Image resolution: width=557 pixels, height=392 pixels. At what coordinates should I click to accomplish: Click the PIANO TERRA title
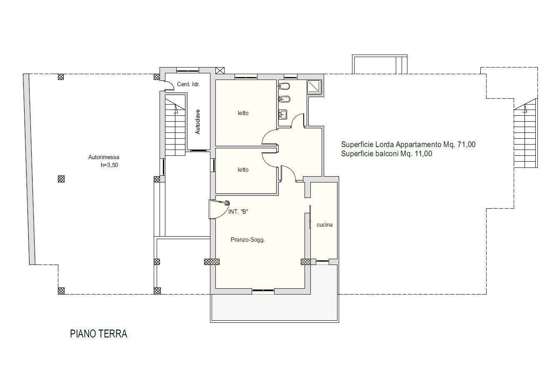98,334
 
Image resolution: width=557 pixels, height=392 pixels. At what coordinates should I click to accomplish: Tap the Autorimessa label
104,157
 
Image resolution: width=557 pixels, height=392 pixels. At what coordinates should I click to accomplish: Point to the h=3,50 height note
110,165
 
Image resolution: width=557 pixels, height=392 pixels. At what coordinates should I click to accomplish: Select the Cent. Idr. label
188,84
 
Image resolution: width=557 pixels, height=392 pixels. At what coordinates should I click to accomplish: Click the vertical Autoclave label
197,122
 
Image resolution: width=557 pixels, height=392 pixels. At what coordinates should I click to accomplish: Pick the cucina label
325,225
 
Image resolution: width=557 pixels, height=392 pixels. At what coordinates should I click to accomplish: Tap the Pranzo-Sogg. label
247,240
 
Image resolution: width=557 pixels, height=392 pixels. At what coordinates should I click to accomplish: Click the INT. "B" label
238,212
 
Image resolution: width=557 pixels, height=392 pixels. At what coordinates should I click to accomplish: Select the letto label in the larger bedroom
243,113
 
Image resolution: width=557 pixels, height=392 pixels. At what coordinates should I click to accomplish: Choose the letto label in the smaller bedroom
243,170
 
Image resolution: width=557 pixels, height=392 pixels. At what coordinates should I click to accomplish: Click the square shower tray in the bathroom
315,87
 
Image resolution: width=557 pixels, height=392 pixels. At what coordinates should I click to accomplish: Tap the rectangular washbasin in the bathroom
283,114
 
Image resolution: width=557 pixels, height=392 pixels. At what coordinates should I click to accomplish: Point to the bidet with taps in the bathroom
285,99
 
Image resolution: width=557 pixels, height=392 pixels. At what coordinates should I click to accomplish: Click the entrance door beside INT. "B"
219,210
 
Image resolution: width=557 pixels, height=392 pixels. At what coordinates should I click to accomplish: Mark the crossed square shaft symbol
220,70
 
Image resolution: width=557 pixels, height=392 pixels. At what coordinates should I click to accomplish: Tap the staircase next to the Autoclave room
175,126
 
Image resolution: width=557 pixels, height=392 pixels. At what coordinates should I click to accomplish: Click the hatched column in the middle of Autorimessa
61,179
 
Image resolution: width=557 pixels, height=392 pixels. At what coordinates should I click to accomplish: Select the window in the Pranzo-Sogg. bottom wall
263,290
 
